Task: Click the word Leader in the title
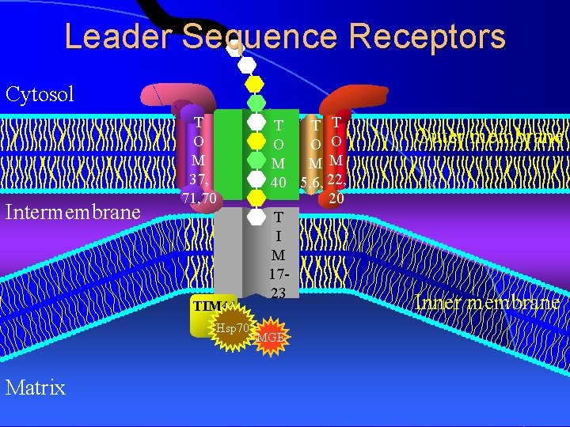(x=116, y=37)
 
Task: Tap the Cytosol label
(x=40, y=95)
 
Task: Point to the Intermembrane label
(x=73, y=212)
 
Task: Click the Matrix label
(x=35, y=387)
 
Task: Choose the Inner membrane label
(x=488, y=303)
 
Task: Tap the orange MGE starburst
(x=270, y=338)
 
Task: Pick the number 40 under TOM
(x=278, y=183)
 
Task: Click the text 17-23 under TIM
(x=278, y=284)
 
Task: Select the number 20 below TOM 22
(x=336, y=199)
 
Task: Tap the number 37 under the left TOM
(x=199, y=178)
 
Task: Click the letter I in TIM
(x=278, y=235)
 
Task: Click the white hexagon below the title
(x=247, y=64)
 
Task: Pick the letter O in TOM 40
(x=278, y=145)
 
